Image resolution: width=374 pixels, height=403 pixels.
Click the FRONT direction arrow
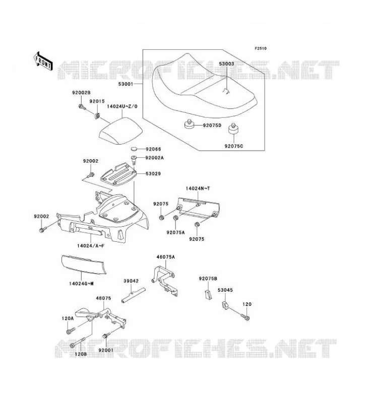(43, 61)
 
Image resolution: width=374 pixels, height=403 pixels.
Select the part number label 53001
(126, 84)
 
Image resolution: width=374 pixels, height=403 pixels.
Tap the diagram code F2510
(261, 48)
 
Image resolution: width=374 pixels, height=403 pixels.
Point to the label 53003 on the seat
(226, 64)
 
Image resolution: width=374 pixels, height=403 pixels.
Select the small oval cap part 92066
(135, 149)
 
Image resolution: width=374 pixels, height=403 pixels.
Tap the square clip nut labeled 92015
(97, 116)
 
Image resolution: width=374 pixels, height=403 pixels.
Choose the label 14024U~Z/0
(122, 106)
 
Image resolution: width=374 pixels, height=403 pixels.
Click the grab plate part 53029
(118, 174)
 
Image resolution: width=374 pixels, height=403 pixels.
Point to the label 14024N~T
(198, 188)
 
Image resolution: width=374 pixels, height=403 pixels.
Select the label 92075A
(175, 232)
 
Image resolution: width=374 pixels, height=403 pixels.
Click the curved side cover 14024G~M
(84, 264)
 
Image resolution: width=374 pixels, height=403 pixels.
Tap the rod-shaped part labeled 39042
(133, 295)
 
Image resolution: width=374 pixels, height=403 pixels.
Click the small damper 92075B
(208, 295)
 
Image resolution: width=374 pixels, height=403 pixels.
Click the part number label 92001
(106, 350)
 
